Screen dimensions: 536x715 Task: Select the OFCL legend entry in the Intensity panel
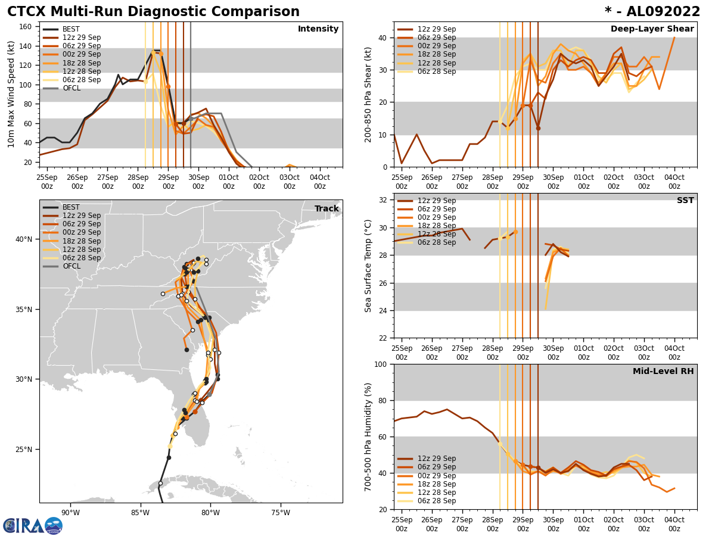tap(71, 88)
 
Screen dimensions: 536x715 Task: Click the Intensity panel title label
tap(318, 29)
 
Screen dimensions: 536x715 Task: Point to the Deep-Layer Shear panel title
tap(652, 29)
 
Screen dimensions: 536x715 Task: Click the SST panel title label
tap(685, 201)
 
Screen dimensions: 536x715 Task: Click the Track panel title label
tap(327, 209)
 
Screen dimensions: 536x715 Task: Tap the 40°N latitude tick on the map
tap(24, 239)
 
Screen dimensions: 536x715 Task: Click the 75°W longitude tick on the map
tap(281, 513)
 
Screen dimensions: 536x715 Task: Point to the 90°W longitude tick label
tap(70, 513)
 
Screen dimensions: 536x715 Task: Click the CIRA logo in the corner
tap(33, 526)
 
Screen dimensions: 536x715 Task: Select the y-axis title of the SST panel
tap(368, 266)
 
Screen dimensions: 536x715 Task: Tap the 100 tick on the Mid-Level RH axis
tap(382, 364)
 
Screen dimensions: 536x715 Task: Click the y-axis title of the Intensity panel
tap(11, 94)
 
